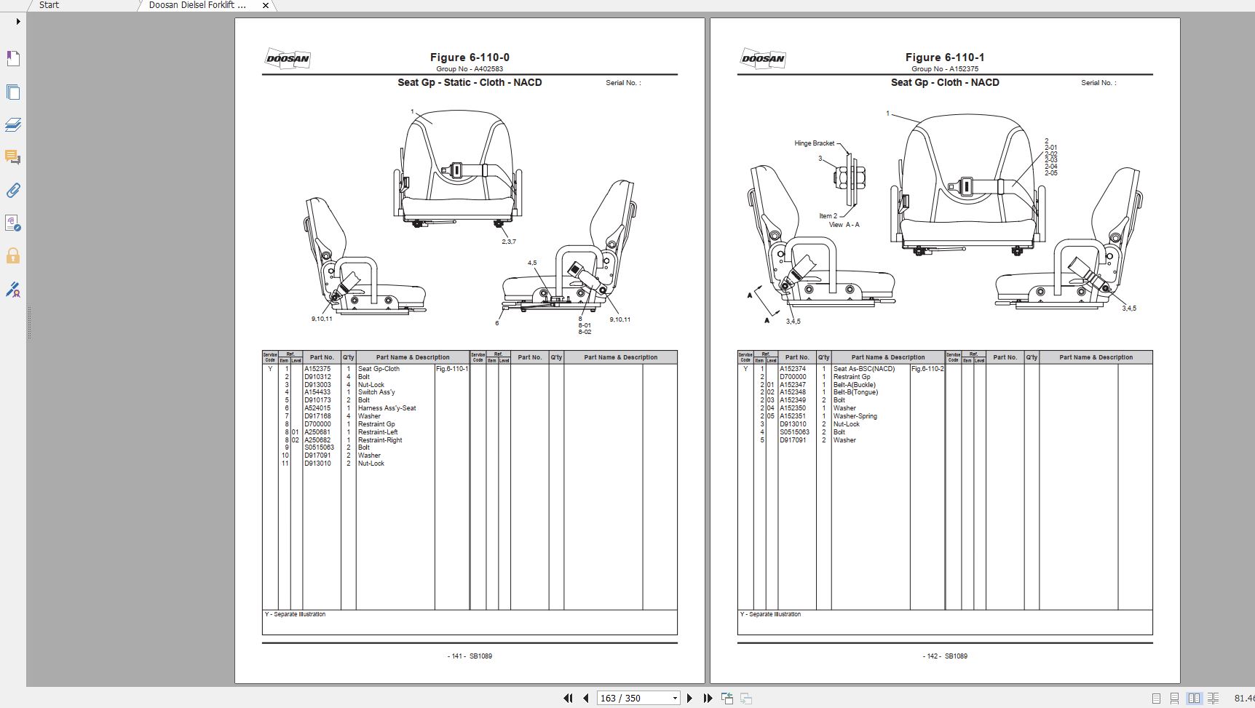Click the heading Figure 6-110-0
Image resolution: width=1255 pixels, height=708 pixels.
coord(470,57)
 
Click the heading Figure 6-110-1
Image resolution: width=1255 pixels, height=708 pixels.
coord(945,57)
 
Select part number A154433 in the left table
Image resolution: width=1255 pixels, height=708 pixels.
coord(317,392)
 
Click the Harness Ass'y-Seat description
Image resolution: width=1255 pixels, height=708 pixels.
coord(387,408)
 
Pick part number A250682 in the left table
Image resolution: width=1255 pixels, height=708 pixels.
coord(317,440)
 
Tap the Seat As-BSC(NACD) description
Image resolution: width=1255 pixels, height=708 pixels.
coord(864,369)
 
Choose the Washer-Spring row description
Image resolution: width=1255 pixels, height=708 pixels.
coord(855,416)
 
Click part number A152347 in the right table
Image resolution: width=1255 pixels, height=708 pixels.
coord(793,385)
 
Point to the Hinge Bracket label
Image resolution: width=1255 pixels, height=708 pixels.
coord(814,143)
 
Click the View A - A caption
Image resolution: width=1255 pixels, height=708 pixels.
coord(844,225)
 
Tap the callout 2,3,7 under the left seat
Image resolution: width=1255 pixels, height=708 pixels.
coord(508,242)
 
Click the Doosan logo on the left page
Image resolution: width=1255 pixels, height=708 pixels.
coord(288,59)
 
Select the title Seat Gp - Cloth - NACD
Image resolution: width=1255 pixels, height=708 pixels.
coord(945,83)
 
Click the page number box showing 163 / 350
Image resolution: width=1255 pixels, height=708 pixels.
coord(633,699)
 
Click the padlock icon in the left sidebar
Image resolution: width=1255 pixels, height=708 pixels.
coord(12,256)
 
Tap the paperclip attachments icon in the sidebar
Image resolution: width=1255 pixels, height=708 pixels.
coord(12,191)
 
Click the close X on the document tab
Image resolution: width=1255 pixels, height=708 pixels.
coord(266,5)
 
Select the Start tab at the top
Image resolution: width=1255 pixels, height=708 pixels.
coord(49,5)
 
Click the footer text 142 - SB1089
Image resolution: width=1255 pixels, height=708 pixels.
coord(945,656)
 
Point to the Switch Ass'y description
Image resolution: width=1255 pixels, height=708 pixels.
coord(376,392)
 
